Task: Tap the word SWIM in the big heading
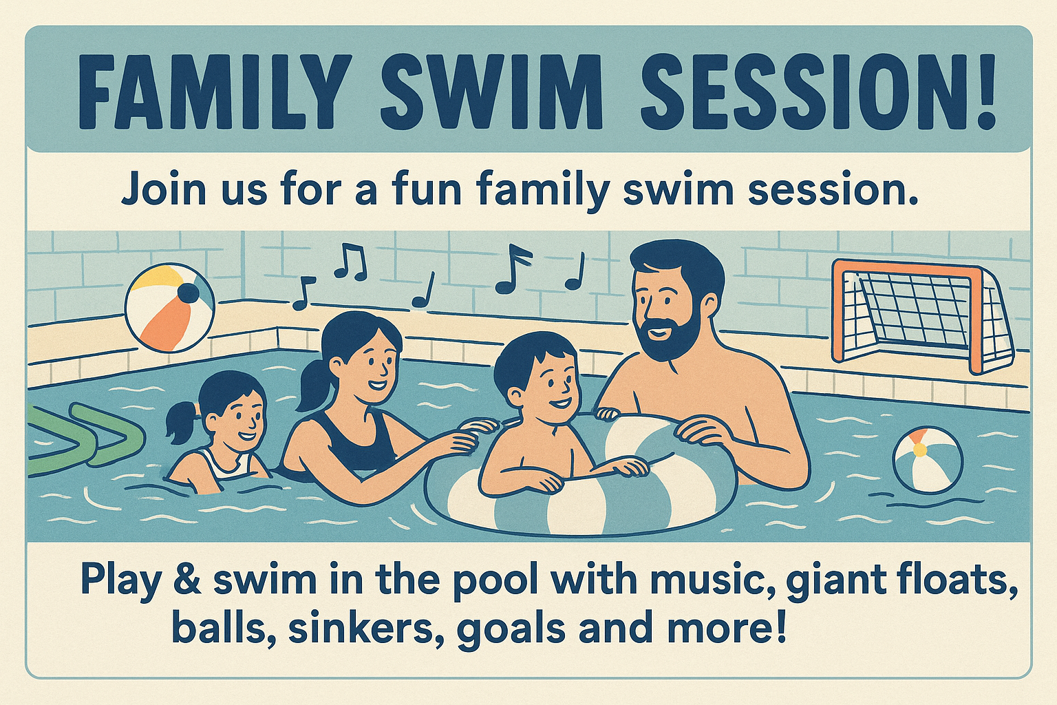pyautogui.click(x=491, y=92)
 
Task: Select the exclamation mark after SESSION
pyautogui.click(x=985, y=92)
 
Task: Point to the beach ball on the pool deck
pyautogui.click(x=170, y=307)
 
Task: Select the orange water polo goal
pyautogui.click(x=923, y=315)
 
